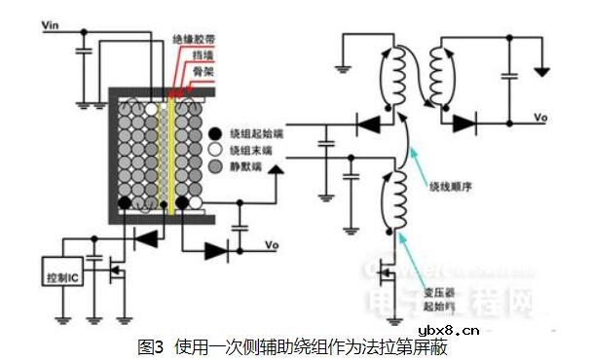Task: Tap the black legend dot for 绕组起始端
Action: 214,133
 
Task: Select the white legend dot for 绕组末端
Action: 214,150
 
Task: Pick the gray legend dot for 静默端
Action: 214,166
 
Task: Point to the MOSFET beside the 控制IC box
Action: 117,271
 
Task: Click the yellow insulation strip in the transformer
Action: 171,146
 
